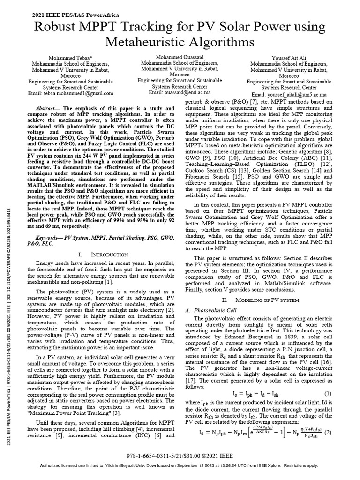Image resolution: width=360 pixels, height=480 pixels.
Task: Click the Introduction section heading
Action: (102, 254)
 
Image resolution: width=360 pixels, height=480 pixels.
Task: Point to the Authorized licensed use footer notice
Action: (180, 466)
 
